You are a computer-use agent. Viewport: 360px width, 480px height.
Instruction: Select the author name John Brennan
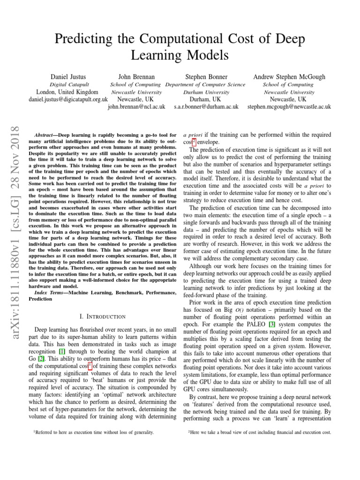(x=136, y=76)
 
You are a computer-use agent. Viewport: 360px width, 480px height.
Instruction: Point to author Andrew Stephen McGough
(x=289, y=76)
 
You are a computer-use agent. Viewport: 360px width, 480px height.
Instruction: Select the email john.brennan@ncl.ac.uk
(x=136, y=107)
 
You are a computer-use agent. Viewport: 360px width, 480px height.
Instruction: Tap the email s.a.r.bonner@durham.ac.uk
(x=206, y=107)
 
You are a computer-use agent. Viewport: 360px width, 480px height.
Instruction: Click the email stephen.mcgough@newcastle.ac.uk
(x=289, y=107)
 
